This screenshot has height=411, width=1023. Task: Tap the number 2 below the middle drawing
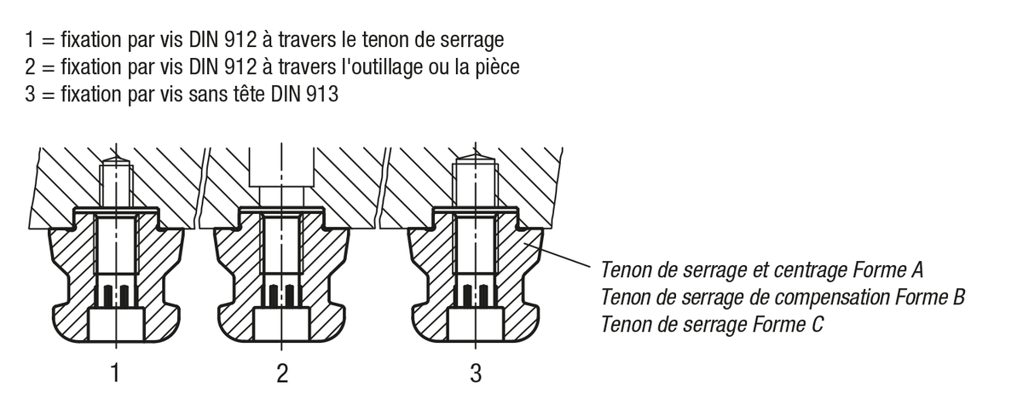pos(282,373)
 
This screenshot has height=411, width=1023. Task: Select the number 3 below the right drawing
pos(476,373)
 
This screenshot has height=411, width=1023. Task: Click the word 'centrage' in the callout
pos(811,271)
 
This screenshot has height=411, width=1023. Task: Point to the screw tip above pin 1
pos(115,160)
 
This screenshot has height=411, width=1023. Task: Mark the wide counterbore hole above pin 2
pos(281,171)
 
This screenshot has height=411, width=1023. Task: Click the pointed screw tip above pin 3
pos(475,158)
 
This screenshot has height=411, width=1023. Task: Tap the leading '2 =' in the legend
pos(39,67)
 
